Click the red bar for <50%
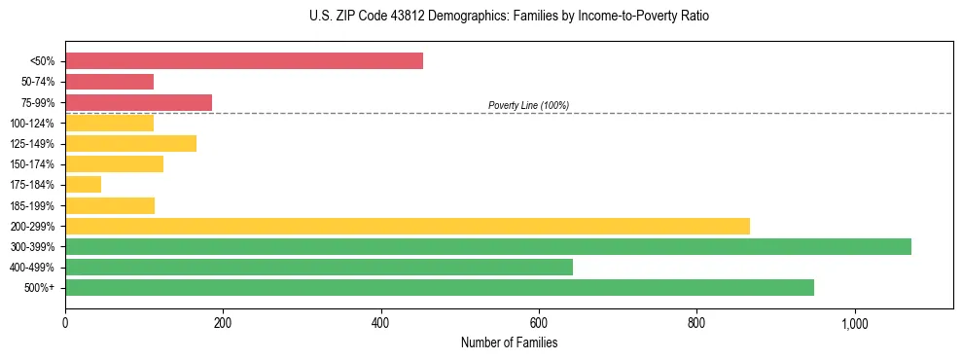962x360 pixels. coord(243,61)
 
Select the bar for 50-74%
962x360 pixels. coord(109,82)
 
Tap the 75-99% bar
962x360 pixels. coord(138,102)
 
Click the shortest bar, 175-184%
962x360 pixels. coord(83,184)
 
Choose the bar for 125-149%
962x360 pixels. coord(130,143)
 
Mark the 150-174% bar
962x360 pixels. coord(114,163)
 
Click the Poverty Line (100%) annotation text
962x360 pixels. coord(528,105)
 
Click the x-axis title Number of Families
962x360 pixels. coord(509,342)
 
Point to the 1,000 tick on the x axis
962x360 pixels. coord(854,322)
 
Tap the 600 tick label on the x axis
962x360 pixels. coord(538,322)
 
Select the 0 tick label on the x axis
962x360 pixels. coord(65,322)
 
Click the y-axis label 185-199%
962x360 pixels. coord(32,205)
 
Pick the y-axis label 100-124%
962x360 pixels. coord(32,123)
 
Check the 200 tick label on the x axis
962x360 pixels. coord(223,322)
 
